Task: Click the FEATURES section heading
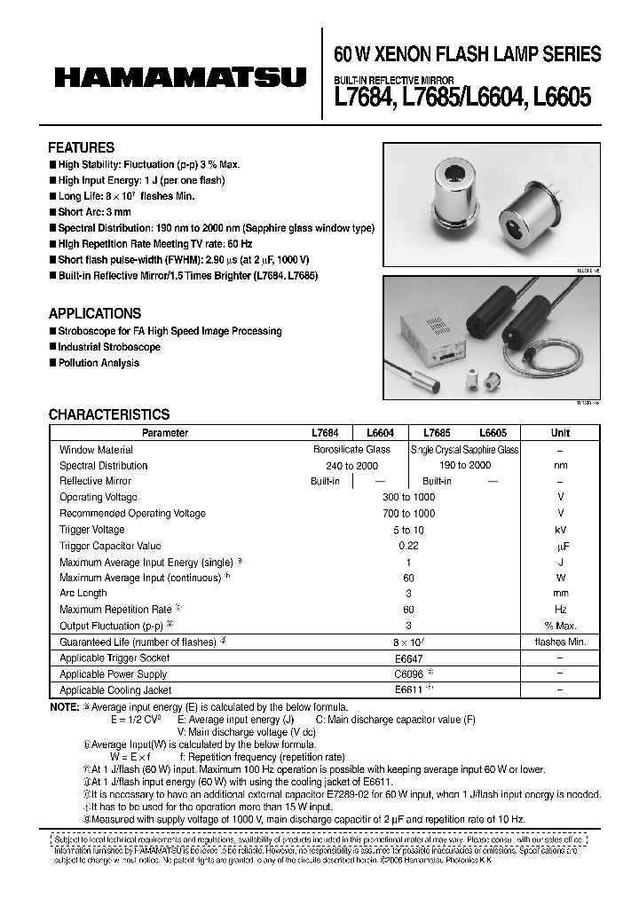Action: point(81,148)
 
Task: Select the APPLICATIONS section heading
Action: point(94,313)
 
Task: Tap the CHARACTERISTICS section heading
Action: point(108,414)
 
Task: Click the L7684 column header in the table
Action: point(325,433)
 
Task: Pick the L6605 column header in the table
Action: point(493,433)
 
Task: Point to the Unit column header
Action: point(560,433)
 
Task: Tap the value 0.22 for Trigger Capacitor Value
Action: point(408,546)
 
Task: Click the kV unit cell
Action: point(560,530)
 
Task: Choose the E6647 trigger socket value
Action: point(408,658)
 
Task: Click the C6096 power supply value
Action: point(408,673)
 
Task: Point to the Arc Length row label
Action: point(83,593)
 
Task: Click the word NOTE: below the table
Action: point(64,708)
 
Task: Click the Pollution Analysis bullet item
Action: point(98,363)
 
